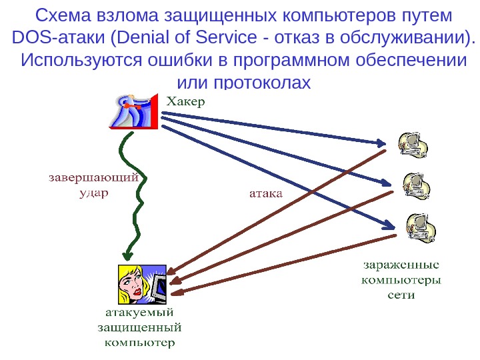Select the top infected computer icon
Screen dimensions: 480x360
click(x=412, y=145)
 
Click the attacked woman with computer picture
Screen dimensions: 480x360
click(x=141, y=283)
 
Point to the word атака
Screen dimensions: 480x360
click(x=266, y=194)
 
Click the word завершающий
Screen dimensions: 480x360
click(x=94, y=179)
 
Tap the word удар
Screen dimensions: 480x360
click(x=93, y=192)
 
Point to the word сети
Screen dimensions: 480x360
click(x=401, y=293)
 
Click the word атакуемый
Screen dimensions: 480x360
click(x=141, y=312)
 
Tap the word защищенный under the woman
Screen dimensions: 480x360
click(x=140, y=327)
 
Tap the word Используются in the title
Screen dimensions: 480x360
click(x=80, y=61)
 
